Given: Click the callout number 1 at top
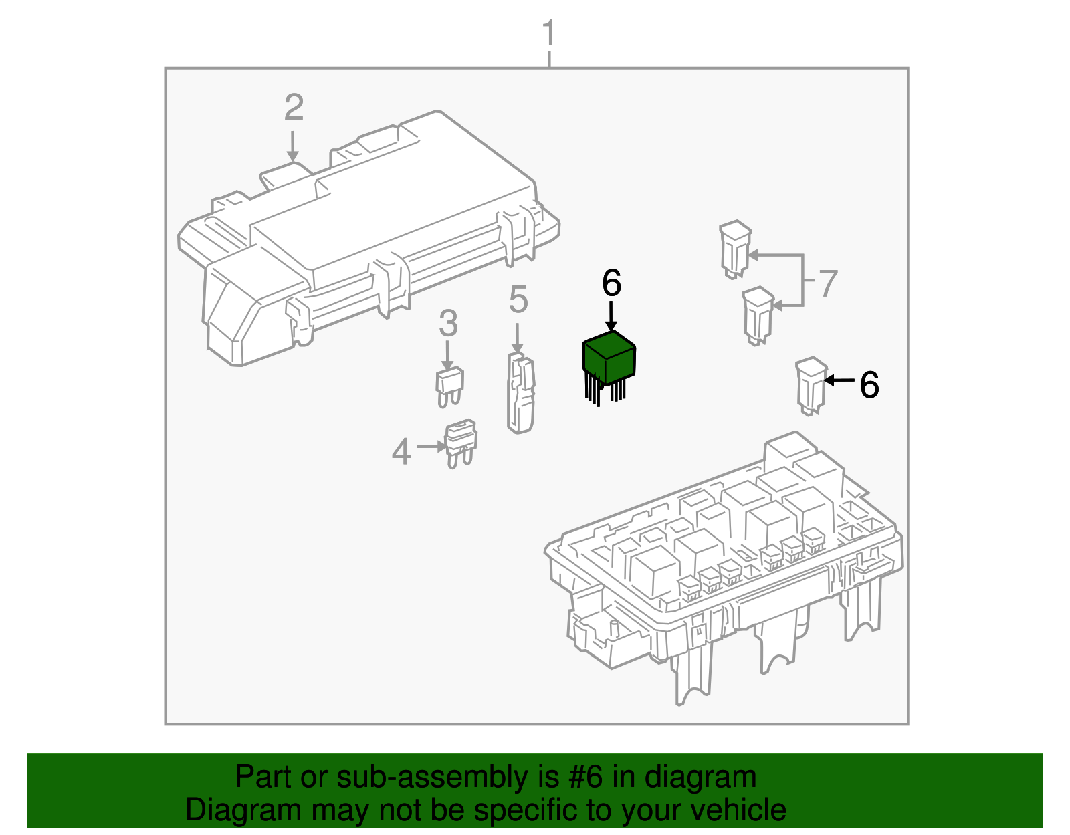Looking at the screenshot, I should [548, 33].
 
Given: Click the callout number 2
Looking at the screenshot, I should [294, 108].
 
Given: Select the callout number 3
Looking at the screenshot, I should [448, 324].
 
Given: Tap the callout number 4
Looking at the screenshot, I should [401, 452].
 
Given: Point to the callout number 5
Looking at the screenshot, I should [518, 300].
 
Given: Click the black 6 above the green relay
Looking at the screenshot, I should [611, 283].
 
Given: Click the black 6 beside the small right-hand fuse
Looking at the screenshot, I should [869, 385].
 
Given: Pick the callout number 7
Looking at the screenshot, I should [828, 284].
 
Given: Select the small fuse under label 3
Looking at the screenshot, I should [449, 386].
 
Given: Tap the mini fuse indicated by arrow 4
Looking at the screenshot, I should [461, 443].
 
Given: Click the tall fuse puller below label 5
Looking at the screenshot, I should [521, 394].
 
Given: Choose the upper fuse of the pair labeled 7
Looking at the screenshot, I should [735, 248].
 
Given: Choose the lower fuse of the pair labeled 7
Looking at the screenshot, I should [758, 315].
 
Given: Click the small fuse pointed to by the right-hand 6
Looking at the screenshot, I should [811, 385].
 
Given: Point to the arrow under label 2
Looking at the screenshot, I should [293, 147].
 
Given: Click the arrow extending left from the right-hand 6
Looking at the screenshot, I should [839, 380].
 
